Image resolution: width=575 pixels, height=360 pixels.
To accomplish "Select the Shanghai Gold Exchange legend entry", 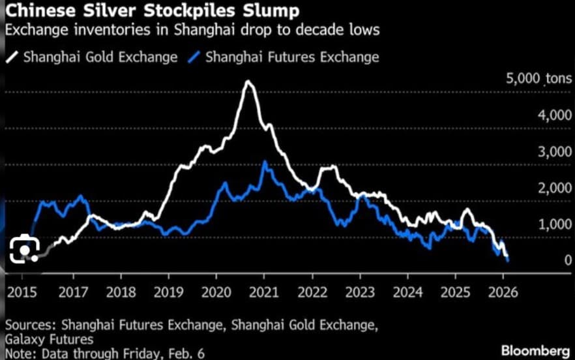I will (x=93, y=57).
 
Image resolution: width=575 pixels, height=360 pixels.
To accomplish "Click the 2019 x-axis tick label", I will (x=168, y=292).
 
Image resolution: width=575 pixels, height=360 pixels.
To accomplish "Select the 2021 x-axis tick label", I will (x=265, y=292).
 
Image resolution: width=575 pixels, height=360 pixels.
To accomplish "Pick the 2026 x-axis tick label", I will (x=502, y=292).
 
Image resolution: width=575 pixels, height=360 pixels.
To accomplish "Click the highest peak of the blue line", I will (x=264, y=162).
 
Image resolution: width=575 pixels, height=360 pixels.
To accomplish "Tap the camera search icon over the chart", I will (x=23, y=248).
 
